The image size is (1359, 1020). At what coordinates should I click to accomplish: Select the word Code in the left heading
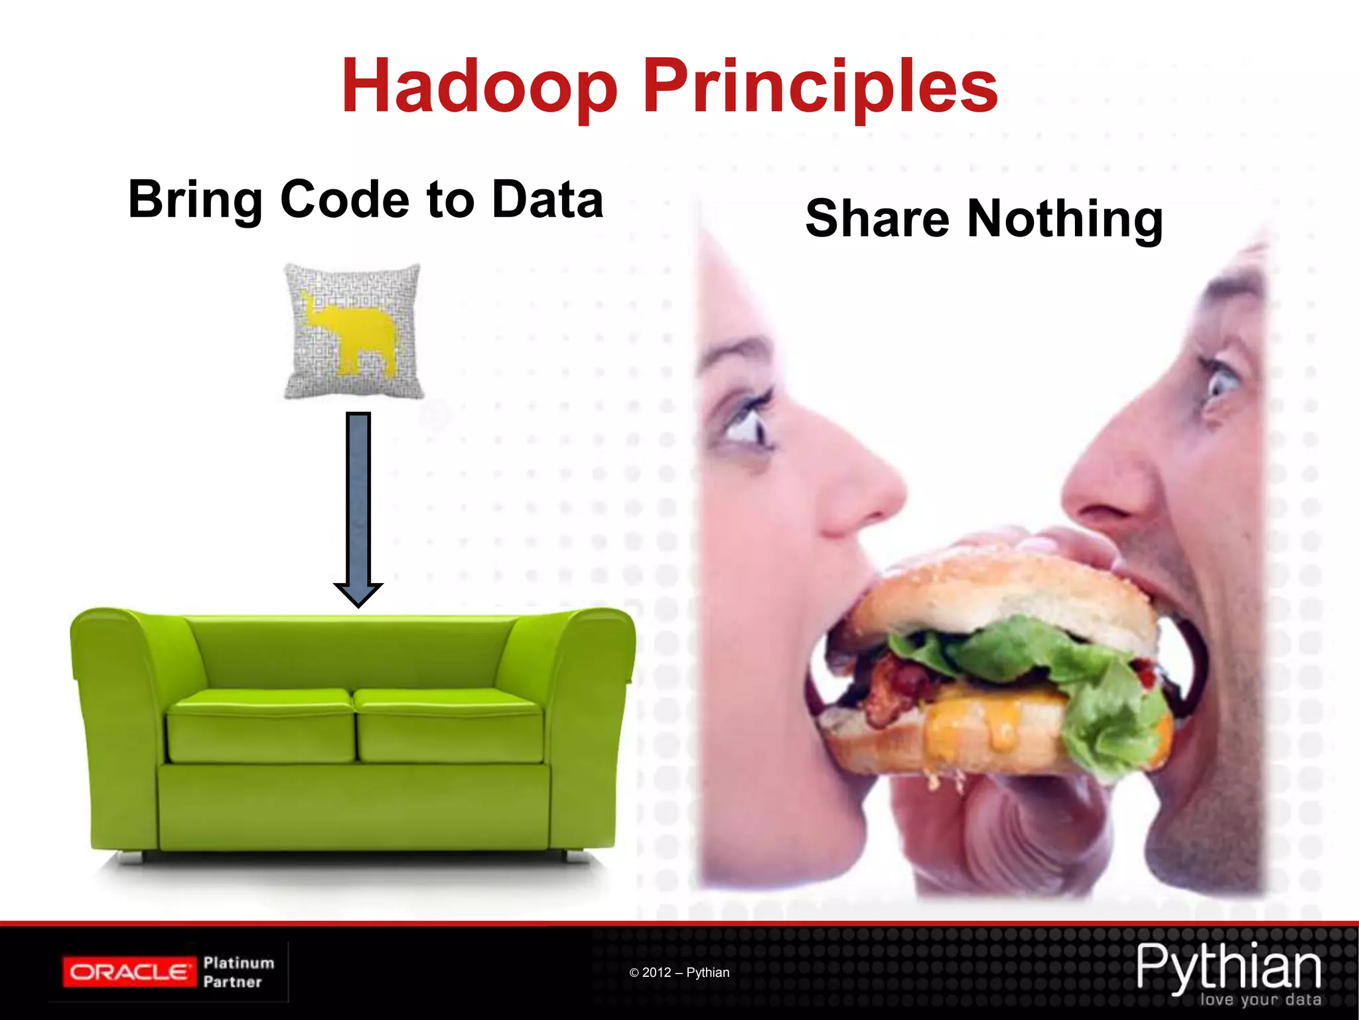tap(344, 199)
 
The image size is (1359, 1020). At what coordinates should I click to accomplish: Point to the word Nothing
tap(1064, 219)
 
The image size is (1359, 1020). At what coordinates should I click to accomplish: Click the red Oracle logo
tap(129, 972)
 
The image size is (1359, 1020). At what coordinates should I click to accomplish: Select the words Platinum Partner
tap(238, 972)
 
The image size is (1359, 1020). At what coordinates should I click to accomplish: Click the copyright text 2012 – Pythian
tap(679, 972)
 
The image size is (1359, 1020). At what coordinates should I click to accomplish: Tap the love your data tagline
tap(1260, 999)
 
